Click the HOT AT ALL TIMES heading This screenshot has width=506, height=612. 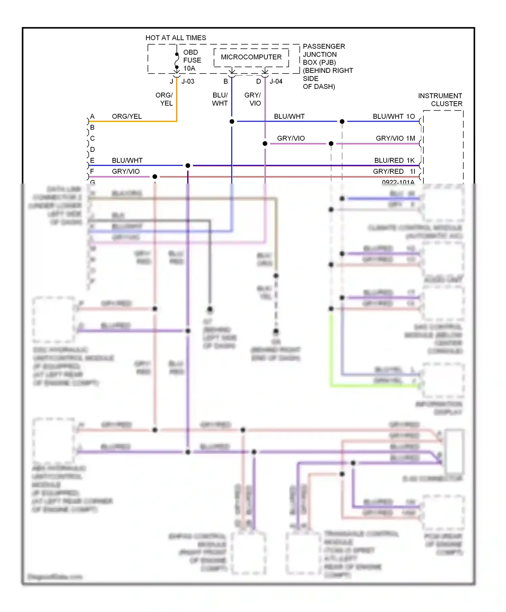175,38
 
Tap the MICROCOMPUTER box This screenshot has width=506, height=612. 251,57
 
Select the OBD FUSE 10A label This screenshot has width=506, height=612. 192,60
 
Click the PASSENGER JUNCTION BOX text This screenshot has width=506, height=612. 324,54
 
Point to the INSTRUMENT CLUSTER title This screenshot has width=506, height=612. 440,100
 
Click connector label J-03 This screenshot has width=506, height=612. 188,81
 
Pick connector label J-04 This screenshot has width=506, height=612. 276,81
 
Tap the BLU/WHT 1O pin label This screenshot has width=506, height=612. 394,116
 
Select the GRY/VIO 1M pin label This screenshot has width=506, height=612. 395,138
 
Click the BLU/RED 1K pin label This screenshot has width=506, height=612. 394,160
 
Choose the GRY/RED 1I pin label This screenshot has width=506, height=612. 394,171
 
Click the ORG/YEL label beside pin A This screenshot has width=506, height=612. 127,116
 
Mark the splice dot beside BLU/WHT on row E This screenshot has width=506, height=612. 188,166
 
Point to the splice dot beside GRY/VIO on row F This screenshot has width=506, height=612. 155,177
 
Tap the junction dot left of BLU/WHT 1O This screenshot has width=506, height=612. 342,121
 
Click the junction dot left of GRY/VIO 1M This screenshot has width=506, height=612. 331,144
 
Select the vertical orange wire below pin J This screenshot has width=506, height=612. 176,101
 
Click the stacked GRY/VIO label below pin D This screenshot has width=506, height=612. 253,99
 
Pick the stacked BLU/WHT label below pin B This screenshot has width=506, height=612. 220,99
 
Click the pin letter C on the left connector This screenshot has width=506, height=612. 92,138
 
